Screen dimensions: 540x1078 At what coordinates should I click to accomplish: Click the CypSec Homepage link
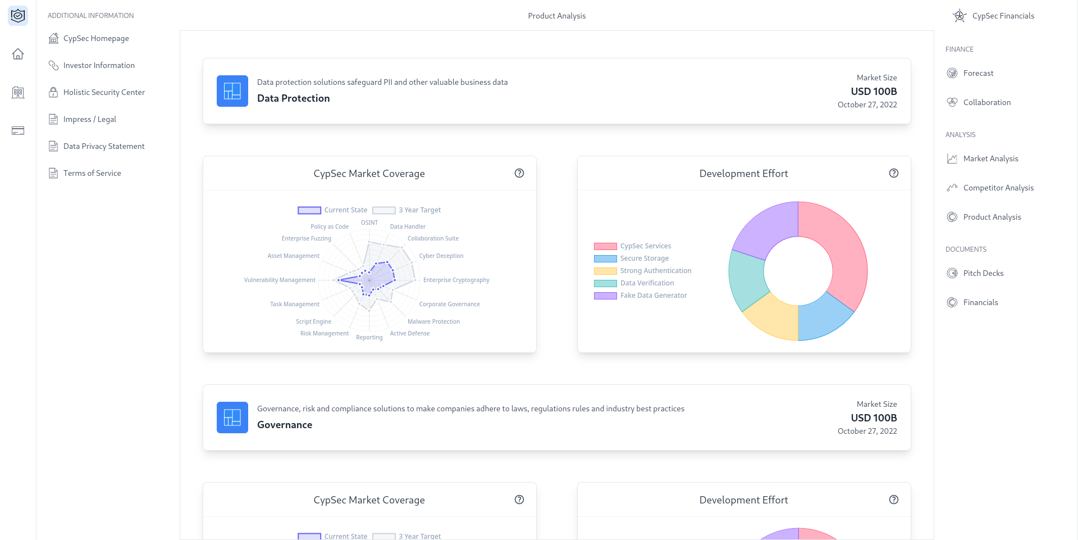95,38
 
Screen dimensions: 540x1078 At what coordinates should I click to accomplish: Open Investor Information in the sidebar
98,65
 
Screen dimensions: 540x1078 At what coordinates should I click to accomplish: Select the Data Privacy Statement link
103,146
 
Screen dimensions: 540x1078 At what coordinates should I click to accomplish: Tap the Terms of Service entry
92,173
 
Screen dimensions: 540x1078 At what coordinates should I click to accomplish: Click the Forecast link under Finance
978,73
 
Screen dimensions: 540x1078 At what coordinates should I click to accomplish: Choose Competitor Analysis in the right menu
998,188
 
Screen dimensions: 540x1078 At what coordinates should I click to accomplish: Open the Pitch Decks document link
983,273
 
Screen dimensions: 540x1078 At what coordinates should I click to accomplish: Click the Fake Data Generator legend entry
653,296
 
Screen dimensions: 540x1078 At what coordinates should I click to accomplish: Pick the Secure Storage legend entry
644,258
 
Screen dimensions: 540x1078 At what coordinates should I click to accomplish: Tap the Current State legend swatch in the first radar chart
309,210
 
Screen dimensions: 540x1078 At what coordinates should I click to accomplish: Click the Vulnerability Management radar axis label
280,280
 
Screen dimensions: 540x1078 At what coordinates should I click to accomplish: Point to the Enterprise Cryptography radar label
456,280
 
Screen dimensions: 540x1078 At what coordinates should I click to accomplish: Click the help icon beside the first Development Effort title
894,173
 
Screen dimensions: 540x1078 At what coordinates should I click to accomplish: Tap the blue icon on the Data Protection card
232,91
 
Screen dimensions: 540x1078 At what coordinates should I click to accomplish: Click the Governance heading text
285,425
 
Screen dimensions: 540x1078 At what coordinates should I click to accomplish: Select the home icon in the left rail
18,54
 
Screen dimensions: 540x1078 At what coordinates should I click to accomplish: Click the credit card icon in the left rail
18,131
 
